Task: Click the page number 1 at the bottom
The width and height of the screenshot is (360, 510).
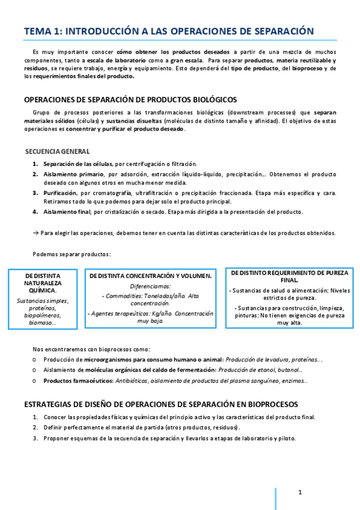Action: [x=300, y=493]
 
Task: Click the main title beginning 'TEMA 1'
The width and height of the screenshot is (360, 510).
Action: [x=169, y=31]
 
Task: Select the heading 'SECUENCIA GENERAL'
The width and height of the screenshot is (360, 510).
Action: [x=58, y=151]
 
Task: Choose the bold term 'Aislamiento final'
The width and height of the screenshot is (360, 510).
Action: [x=66, y=212]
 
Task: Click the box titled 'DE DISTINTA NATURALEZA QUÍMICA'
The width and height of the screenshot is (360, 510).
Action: [x=43, y=282]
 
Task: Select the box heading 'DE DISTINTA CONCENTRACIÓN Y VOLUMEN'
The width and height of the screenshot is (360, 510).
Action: [x=150, y=275]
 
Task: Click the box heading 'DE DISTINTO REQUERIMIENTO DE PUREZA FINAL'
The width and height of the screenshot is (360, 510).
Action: [x=289, y=276]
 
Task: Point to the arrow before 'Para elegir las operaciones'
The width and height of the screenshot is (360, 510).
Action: [x=35, y=233]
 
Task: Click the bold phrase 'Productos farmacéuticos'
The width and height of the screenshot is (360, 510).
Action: [x=76, y=380]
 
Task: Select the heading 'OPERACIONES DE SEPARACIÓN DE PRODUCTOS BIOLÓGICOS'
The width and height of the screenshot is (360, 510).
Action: [x=130, y=100]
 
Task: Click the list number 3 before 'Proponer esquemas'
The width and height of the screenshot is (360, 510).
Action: [x=35, y=438]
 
